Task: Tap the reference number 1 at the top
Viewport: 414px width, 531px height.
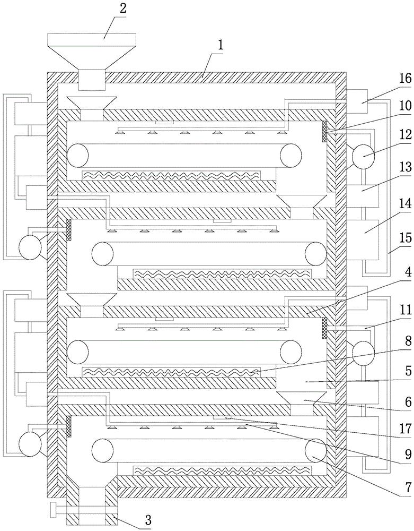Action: [x=218, y=45]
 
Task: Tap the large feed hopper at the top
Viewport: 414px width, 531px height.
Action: [x=91, y=53]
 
